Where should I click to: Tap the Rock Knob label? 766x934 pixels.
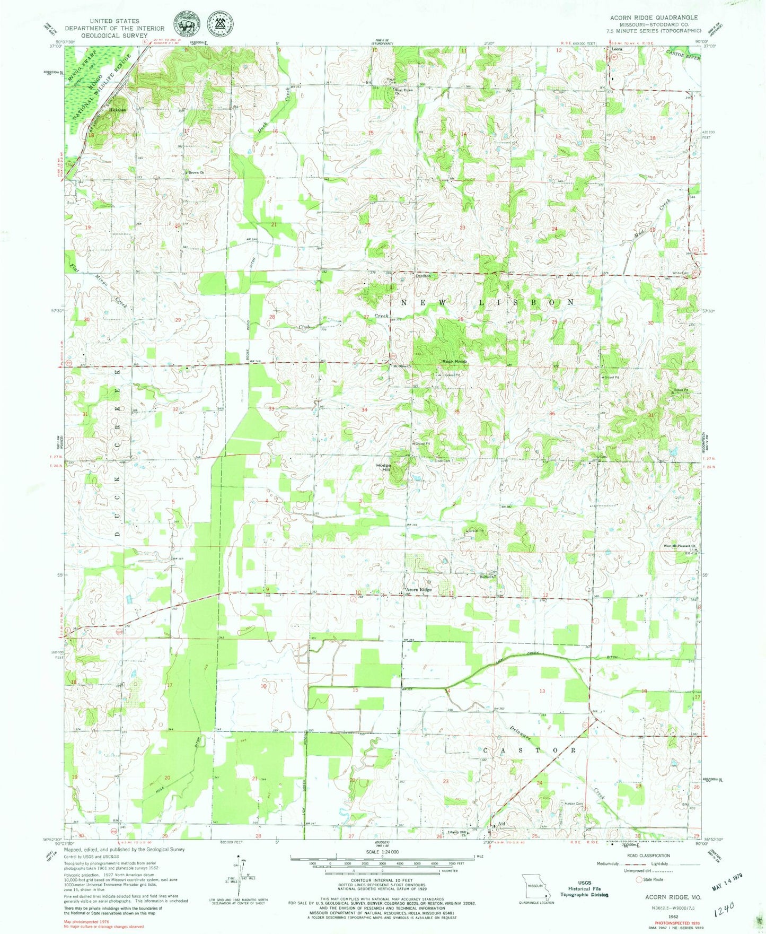(454, 362)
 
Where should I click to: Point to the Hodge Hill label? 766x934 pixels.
(383, 468)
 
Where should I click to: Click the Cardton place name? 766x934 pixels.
(422, 276)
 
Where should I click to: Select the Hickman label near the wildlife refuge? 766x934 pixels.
(117, 110)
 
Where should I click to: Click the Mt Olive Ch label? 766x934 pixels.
(402, 366)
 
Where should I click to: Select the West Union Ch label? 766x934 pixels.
(403, 91)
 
